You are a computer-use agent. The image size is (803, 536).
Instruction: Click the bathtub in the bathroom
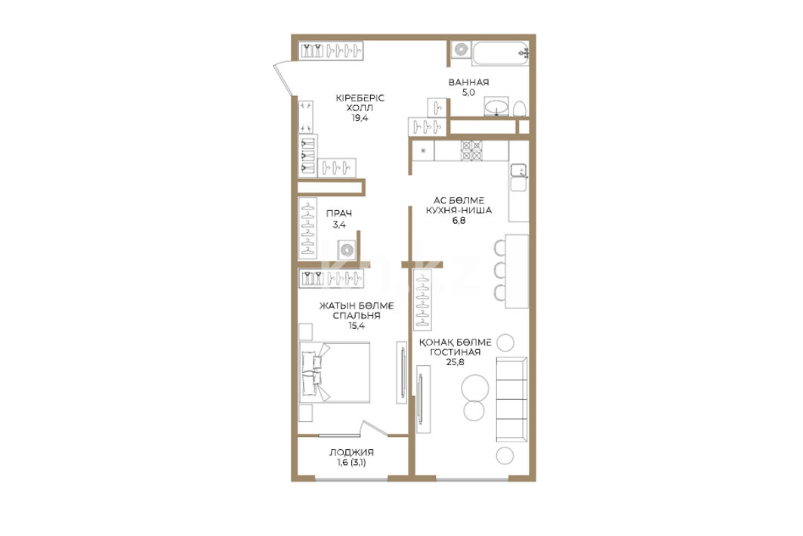coord(500,53)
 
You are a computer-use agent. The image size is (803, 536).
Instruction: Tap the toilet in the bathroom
coord(520,109)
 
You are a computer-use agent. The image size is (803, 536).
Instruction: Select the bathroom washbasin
coord(496,107)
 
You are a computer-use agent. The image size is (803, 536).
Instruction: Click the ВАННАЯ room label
coord(468,82)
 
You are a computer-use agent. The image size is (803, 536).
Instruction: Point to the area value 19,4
coord(360,117)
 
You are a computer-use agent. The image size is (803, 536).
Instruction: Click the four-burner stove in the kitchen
coord(471,150)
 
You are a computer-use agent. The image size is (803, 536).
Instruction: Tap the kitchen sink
coord(519,171)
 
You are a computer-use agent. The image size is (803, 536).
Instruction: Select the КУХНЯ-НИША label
coord(459,210)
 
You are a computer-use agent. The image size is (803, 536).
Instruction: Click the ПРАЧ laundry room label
coord(339,214)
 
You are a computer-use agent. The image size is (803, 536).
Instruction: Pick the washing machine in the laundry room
coord(347,250)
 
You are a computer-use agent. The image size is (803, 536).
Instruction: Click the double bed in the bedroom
coord(335,373)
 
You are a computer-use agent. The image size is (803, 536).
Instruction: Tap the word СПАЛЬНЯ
coord(357,315)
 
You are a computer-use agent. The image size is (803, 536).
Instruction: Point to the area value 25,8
coord(455,362)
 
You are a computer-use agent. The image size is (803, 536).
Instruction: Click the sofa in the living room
coord(511,400)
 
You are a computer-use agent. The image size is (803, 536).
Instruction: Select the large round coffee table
coord(475,388)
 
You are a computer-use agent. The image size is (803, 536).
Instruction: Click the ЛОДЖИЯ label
coord(351,452)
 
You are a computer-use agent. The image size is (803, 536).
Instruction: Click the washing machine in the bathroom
coord(462,50)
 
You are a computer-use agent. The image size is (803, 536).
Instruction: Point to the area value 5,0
coord(468,92)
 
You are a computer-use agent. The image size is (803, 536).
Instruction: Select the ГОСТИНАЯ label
coord(456,352)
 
